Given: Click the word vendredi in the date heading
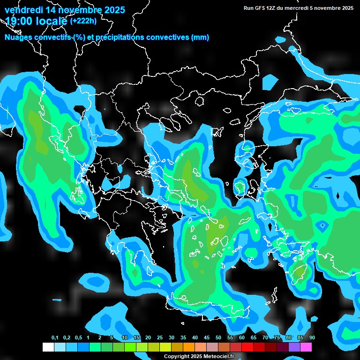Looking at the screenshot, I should pos(22,10).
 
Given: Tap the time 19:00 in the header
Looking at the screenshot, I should pos(19,21).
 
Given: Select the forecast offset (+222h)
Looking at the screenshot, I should pos(83,21).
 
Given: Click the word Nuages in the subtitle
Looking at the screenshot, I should pos(18,37).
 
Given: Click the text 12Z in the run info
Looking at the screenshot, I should pos(271,8).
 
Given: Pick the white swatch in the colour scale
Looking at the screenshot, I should pos(48,347).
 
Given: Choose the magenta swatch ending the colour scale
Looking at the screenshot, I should pos(306,347).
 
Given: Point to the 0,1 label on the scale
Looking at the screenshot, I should pos(55,338).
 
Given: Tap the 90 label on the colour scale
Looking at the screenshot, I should pos(312,338).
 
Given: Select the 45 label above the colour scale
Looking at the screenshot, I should pos(207,338).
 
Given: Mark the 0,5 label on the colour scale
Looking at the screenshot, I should pos(78,338).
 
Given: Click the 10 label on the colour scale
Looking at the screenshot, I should pos(125,338).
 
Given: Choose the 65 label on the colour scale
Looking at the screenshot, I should pos(254,338).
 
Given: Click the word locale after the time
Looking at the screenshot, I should pos(52,21).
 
